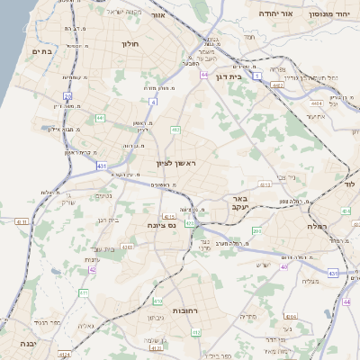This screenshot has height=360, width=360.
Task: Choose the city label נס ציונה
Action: (x=163, y=228)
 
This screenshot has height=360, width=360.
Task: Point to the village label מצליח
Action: (x=310, y=282)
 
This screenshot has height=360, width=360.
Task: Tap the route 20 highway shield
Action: (x=67, y=96)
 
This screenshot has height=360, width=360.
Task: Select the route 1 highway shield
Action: (x=257, y=77)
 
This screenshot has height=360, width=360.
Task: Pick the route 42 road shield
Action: (x=93, y=268)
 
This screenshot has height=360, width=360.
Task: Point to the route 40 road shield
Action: (x=284, y=267)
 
